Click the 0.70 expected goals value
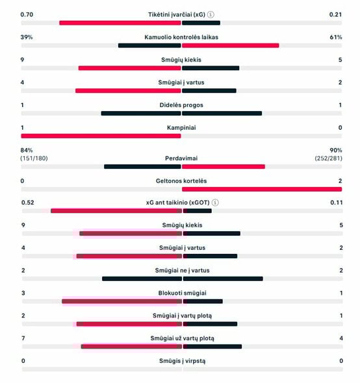tap(27, 14)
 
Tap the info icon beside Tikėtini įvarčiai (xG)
tap(211, 14)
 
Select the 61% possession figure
tap(335, 37)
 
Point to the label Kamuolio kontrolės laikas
tap(181, 37)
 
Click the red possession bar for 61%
tap(230, 45)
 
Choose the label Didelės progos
tap(181, 105)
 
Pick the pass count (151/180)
tap(34, 158)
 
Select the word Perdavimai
tap(181, 158)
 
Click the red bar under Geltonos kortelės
tap(262, 189)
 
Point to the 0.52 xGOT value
tap(27, 203)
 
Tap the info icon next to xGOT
tap(216, 203)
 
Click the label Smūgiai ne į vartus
tap(181, 270)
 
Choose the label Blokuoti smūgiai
tap(181, 293)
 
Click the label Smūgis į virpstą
tap(181, 361)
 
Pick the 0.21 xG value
tap(335, 14)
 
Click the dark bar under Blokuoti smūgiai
tap(202, 301)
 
